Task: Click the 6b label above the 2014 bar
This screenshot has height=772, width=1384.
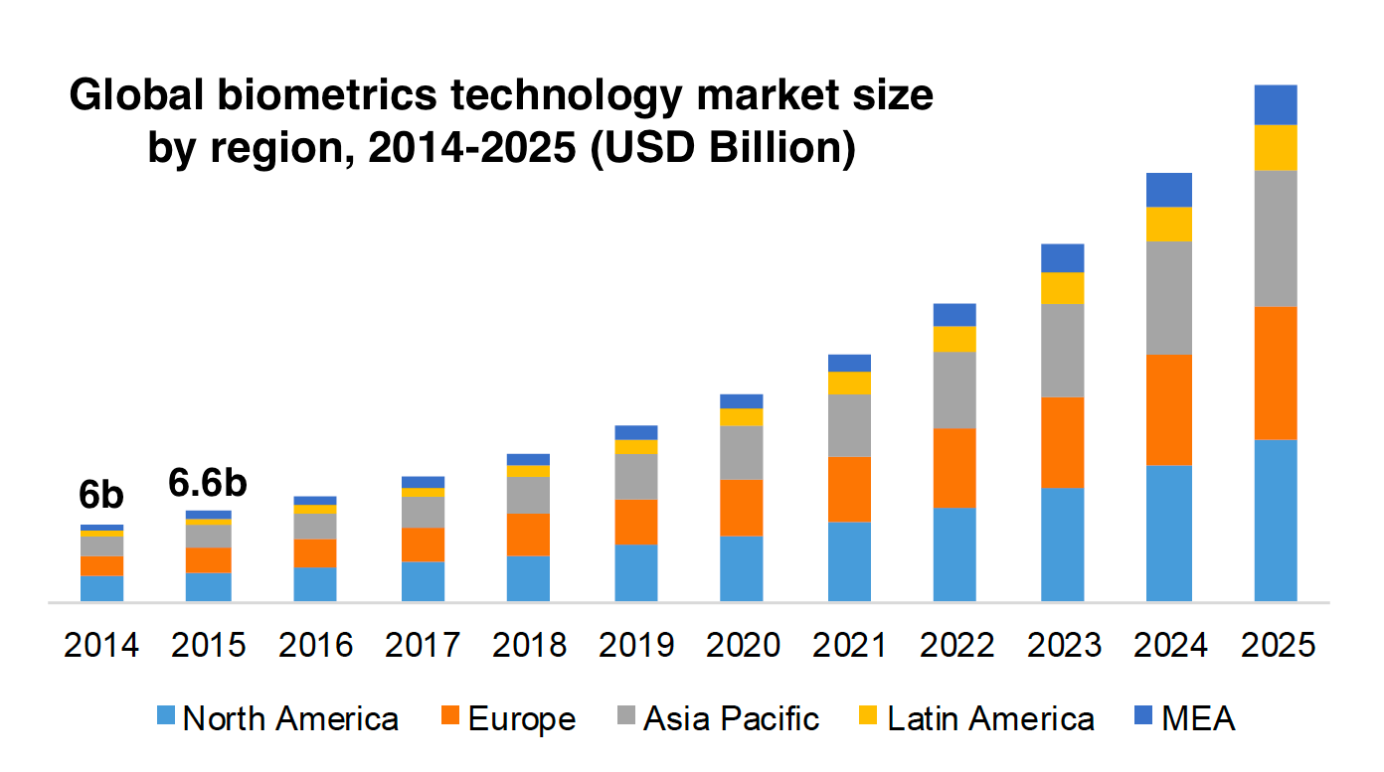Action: point(101,494)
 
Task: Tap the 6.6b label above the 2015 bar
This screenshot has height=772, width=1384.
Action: point(207,483)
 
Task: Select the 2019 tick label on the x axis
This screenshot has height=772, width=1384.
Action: point(636,645)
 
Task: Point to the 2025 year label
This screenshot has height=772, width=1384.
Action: point(1277,645)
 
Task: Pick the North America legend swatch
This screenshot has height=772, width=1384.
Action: point(166,718)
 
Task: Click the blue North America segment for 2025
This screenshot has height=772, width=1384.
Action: point(1276,520)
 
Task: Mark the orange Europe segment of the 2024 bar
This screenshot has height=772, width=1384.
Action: point(1168,409)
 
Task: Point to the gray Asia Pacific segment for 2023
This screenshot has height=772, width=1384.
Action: point(1062,350)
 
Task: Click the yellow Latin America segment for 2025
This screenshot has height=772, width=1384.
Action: point(1276,147)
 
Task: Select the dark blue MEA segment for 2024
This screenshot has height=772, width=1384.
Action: point(1168,190)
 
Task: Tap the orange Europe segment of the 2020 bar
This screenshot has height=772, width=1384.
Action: point(741,508)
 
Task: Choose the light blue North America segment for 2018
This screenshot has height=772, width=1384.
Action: point(528,578)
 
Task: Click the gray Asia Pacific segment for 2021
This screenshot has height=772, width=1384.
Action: point(849,425)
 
